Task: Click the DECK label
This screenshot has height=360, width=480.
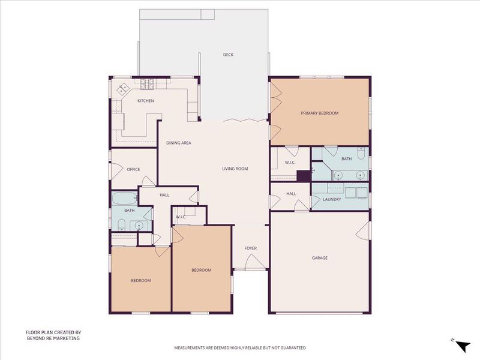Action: (228, 55)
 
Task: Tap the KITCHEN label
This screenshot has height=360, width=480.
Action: (145, 101)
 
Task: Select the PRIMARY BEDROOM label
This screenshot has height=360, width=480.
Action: (320, 113)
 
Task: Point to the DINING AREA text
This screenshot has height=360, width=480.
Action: (179, 143)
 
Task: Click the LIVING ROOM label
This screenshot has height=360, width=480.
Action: (235, 169)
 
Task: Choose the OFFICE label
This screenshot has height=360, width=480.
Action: (133, 169)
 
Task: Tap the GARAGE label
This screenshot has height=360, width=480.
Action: (320, 258)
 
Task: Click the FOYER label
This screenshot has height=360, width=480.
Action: (250, 248)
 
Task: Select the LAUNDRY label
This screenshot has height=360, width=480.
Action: (332, 200)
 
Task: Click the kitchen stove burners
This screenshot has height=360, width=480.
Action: (147, 84)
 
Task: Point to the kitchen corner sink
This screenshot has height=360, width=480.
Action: (124, 88)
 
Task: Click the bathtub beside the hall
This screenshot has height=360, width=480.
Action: (124, 199)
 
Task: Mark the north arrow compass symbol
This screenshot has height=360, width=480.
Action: (463, 346)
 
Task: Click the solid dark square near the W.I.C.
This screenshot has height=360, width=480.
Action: (304, 176)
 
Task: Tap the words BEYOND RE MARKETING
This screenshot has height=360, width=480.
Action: (53, 338)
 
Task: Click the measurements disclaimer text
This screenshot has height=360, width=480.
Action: (240, 348)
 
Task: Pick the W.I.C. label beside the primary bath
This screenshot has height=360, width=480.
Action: (290, 163)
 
